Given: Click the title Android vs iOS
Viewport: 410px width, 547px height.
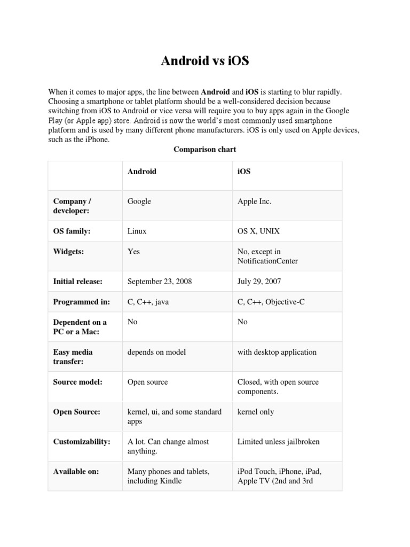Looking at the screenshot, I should [205, 61].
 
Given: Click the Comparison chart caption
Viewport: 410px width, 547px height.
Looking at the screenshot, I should [205, 150].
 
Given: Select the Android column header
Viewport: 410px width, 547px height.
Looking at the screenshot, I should [142, 171].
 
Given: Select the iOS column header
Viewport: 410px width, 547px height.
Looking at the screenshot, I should [244, 171].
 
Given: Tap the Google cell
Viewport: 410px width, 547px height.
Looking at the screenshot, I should [139, 201].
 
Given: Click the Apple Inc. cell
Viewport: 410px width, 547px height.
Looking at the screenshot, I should [255, 201].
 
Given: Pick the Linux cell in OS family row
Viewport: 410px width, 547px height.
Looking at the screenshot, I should [137, 231].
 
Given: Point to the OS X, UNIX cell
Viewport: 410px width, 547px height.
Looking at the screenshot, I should [259, 231].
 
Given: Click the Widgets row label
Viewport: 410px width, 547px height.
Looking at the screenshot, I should [69, 252].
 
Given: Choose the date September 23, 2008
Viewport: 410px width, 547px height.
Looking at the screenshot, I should [160, 282].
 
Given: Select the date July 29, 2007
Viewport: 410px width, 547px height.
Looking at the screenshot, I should [259, 282].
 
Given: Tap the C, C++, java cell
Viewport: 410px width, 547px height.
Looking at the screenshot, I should [148, 302].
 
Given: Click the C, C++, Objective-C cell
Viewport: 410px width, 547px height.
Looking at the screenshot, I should [271, 302].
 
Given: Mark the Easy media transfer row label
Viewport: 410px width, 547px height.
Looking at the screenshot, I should [73, 357].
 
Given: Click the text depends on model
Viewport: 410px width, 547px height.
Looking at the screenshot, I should [157, 352].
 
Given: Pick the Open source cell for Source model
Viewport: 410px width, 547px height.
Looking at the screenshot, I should [148, 382].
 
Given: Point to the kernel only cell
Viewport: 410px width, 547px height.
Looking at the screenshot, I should [256, 412].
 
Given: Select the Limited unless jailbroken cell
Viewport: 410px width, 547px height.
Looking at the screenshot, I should [279, 442].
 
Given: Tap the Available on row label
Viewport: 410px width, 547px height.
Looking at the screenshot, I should [76, 472].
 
